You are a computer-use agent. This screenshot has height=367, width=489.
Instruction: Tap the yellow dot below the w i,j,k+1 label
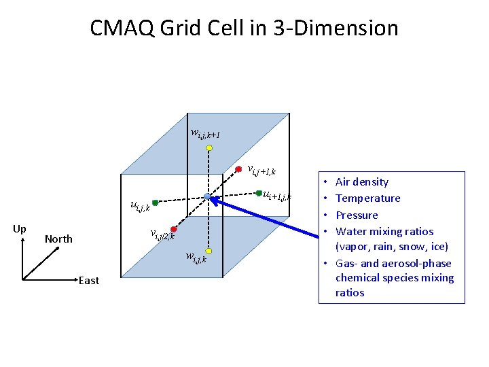[210, 147]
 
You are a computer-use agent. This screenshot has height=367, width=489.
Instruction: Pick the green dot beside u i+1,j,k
[259, 193]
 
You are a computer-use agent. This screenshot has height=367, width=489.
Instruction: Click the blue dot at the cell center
[206, 196]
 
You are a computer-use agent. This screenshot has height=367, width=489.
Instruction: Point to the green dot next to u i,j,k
[155, 203]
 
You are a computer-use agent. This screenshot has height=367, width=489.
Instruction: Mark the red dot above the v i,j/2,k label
[174, 229]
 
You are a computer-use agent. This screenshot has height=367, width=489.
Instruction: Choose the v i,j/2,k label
[163, 235]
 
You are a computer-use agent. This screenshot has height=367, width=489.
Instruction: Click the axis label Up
[20, 229]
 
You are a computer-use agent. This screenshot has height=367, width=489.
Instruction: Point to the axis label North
[58, 239]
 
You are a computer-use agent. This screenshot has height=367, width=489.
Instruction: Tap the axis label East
[88, 280]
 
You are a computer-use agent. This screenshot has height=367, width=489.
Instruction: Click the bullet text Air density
[362, 182]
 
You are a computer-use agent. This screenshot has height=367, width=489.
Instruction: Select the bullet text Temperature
[367, 198]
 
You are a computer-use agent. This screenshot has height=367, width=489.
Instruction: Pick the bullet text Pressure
[357, 215]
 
